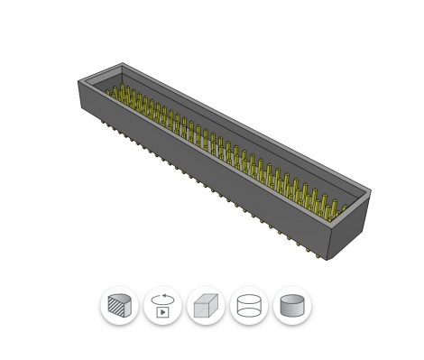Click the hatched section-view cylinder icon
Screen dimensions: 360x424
coord(119,306)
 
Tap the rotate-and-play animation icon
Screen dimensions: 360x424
coord(162,306)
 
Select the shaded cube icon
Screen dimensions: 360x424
coord(206,306)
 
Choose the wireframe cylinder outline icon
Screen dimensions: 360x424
coord(249,306)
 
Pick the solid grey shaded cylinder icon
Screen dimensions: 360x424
coord(291,306)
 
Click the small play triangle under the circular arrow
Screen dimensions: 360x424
coord(162,312)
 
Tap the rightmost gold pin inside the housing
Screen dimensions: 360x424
coord(341,208)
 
